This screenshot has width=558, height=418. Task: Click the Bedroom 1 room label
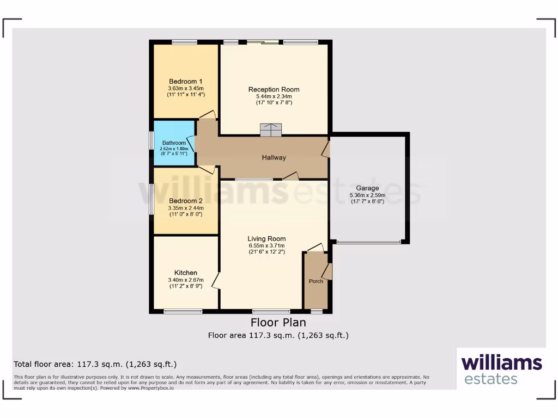[185, 81]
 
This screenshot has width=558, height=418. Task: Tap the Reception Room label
[274, 89]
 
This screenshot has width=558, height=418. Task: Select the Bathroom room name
[173, 143]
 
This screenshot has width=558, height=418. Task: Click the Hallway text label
[274, 158]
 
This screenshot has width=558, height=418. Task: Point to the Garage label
[367, 188]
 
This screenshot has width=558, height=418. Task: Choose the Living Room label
[266, 238]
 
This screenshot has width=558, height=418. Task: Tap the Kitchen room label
[185, 273]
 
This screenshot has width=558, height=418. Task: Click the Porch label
[316, 281]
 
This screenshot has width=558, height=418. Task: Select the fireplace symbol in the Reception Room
[271, 130]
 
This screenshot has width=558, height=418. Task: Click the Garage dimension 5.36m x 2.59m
[367, 195]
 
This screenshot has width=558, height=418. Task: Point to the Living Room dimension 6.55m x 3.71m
[266, 245]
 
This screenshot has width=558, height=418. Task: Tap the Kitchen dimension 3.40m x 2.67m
[185, 280]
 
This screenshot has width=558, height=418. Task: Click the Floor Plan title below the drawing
[278, 323]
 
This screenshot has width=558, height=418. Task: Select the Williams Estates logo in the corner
[501, 370]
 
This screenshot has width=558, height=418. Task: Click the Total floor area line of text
[95, 364]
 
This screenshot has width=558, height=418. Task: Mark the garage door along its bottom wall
[368, 242]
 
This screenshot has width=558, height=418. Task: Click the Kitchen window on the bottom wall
[183, 311]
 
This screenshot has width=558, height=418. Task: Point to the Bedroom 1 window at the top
[185, 42]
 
